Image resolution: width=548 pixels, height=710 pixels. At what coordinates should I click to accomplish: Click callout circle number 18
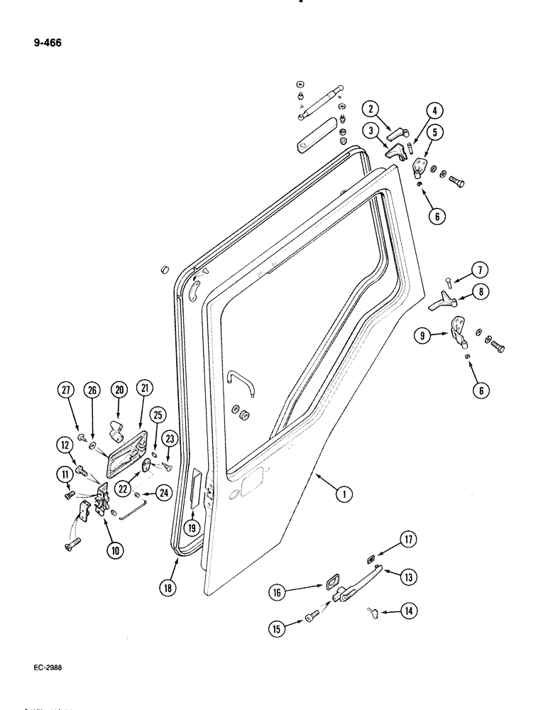point(167,586)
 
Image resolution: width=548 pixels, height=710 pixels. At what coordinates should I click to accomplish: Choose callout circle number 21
point(146,388)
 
